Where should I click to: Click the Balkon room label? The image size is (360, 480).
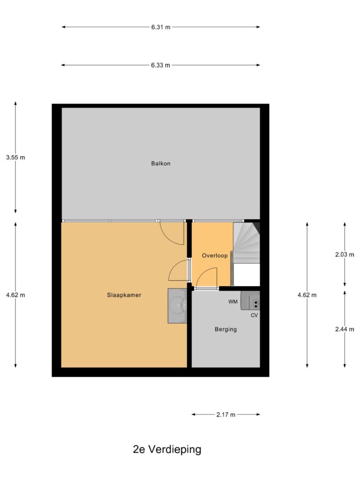pyautogui.click(x=161, y=163)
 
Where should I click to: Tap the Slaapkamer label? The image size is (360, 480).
pyautogui.click(x=124, y=295)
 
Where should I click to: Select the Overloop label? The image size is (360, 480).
pyautogui.click(x=215, y=256)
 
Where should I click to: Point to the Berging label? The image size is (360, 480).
pyautogui.click(x=225, y=329)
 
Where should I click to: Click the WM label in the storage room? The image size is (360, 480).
pyautogui.click(x=233, y=302)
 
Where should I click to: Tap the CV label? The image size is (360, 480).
pyautogui.click(x=254, y=315)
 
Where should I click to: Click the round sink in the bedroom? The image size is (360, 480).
pyautogui.click(x=178, y=305)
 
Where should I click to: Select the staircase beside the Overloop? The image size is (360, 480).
pyautogui.click(x=247, y=243)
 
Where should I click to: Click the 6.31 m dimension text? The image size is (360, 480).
pyautogui.click(x=161, y=27)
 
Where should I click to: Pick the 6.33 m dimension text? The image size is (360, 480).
pyautogui.click(x=161, y=65)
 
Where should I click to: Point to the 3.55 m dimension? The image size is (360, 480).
pyautogui.click(x=16, y=157)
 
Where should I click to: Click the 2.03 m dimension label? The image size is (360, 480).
pyautogui.click(x=345, y=255)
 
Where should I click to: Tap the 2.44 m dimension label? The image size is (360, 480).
pyautogui.click(x=345, y=329)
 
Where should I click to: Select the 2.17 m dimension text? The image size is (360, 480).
pyautogui.click(x=226, y=415)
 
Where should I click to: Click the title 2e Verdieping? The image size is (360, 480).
pyautogui.click(x=167, y=449)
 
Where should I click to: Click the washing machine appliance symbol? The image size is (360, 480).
pyautogui.click(x=250, y=301)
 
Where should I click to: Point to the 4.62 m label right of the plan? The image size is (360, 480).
pyautogui.click(x=307, y=295)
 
